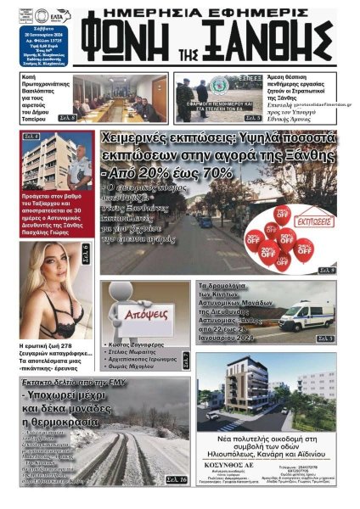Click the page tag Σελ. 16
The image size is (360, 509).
177,479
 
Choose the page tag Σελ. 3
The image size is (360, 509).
326,339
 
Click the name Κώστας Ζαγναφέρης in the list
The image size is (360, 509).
136,345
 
